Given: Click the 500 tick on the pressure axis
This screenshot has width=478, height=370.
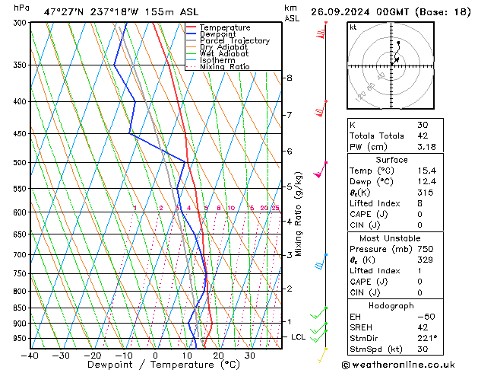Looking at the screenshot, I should click(21, 163).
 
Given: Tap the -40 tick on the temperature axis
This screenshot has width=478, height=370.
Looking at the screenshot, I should click(30, 355).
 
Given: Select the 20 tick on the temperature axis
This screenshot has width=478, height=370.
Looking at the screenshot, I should click(218, 355).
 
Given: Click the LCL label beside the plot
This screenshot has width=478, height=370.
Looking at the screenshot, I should click(299, 337).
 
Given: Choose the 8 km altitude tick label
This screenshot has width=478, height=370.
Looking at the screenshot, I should click(289, 78).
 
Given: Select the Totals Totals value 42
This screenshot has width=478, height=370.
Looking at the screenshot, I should click(423, 136).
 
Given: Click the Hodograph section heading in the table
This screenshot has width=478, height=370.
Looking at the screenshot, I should click(391, 305).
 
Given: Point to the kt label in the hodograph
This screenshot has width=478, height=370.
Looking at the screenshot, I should click(353, 27).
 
